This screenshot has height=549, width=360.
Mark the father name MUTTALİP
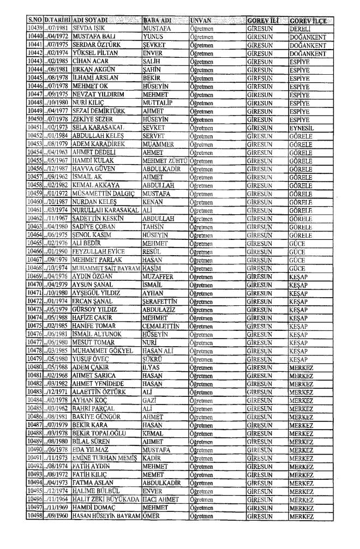tap(158, 101)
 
